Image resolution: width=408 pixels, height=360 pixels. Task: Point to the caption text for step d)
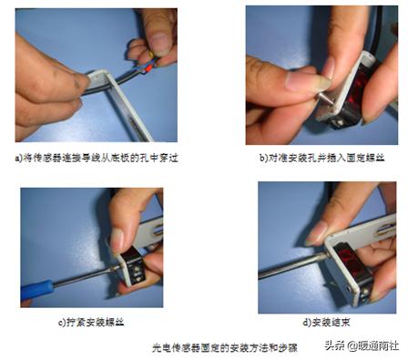point(323,322)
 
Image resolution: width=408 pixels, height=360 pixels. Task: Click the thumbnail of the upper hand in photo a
point(156,40)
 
